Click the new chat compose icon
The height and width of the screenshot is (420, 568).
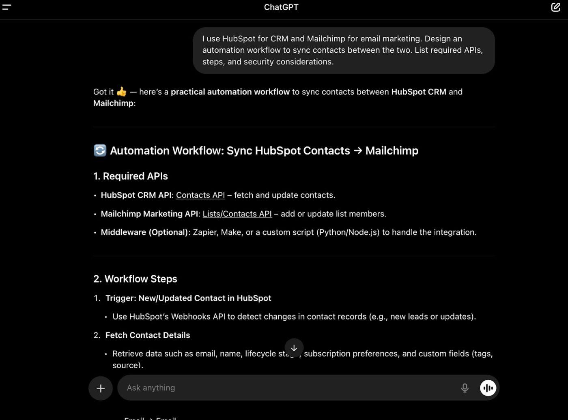[x=555, y=7]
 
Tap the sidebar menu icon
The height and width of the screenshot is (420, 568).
[x=6, y=7]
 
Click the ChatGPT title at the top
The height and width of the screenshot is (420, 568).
[x=281, y=7]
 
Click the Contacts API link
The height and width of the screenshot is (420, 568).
[x=200, y=195]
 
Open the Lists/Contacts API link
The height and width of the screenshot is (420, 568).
[x=237, y=214]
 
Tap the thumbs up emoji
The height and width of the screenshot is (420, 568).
[x=121, y=92]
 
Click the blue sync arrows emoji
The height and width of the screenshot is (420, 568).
[x=100, y=150]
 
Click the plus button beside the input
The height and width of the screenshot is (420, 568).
[x=101, y=388]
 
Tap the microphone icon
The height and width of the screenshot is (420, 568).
[x=465, y=388]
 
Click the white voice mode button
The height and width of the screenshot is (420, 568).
[x=488, y=388]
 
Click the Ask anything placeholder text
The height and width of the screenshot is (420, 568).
[x=151, y=388]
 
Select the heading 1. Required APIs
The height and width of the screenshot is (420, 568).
[x=131, y=176]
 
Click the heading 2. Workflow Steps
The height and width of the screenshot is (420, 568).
[x=135, y=279]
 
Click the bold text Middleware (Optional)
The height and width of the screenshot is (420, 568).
[x=144, y=232]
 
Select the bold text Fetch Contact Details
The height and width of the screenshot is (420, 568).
[x=148, y=335]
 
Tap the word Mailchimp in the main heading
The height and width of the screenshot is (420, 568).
[x=392, y=150]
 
